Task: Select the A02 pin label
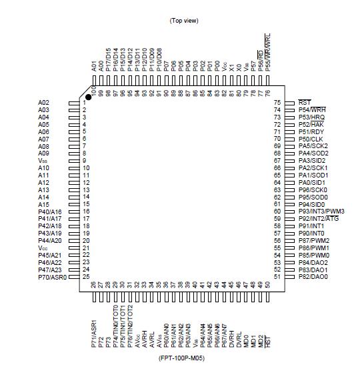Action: (x=43, y=103)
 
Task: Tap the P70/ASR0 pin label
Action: (x=53, y=276)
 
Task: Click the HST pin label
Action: (x=268, y=342)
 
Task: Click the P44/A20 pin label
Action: (x=50, y=240)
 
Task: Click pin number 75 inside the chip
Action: (x=277, y=103)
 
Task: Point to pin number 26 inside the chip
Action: (x=93, y=285)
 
